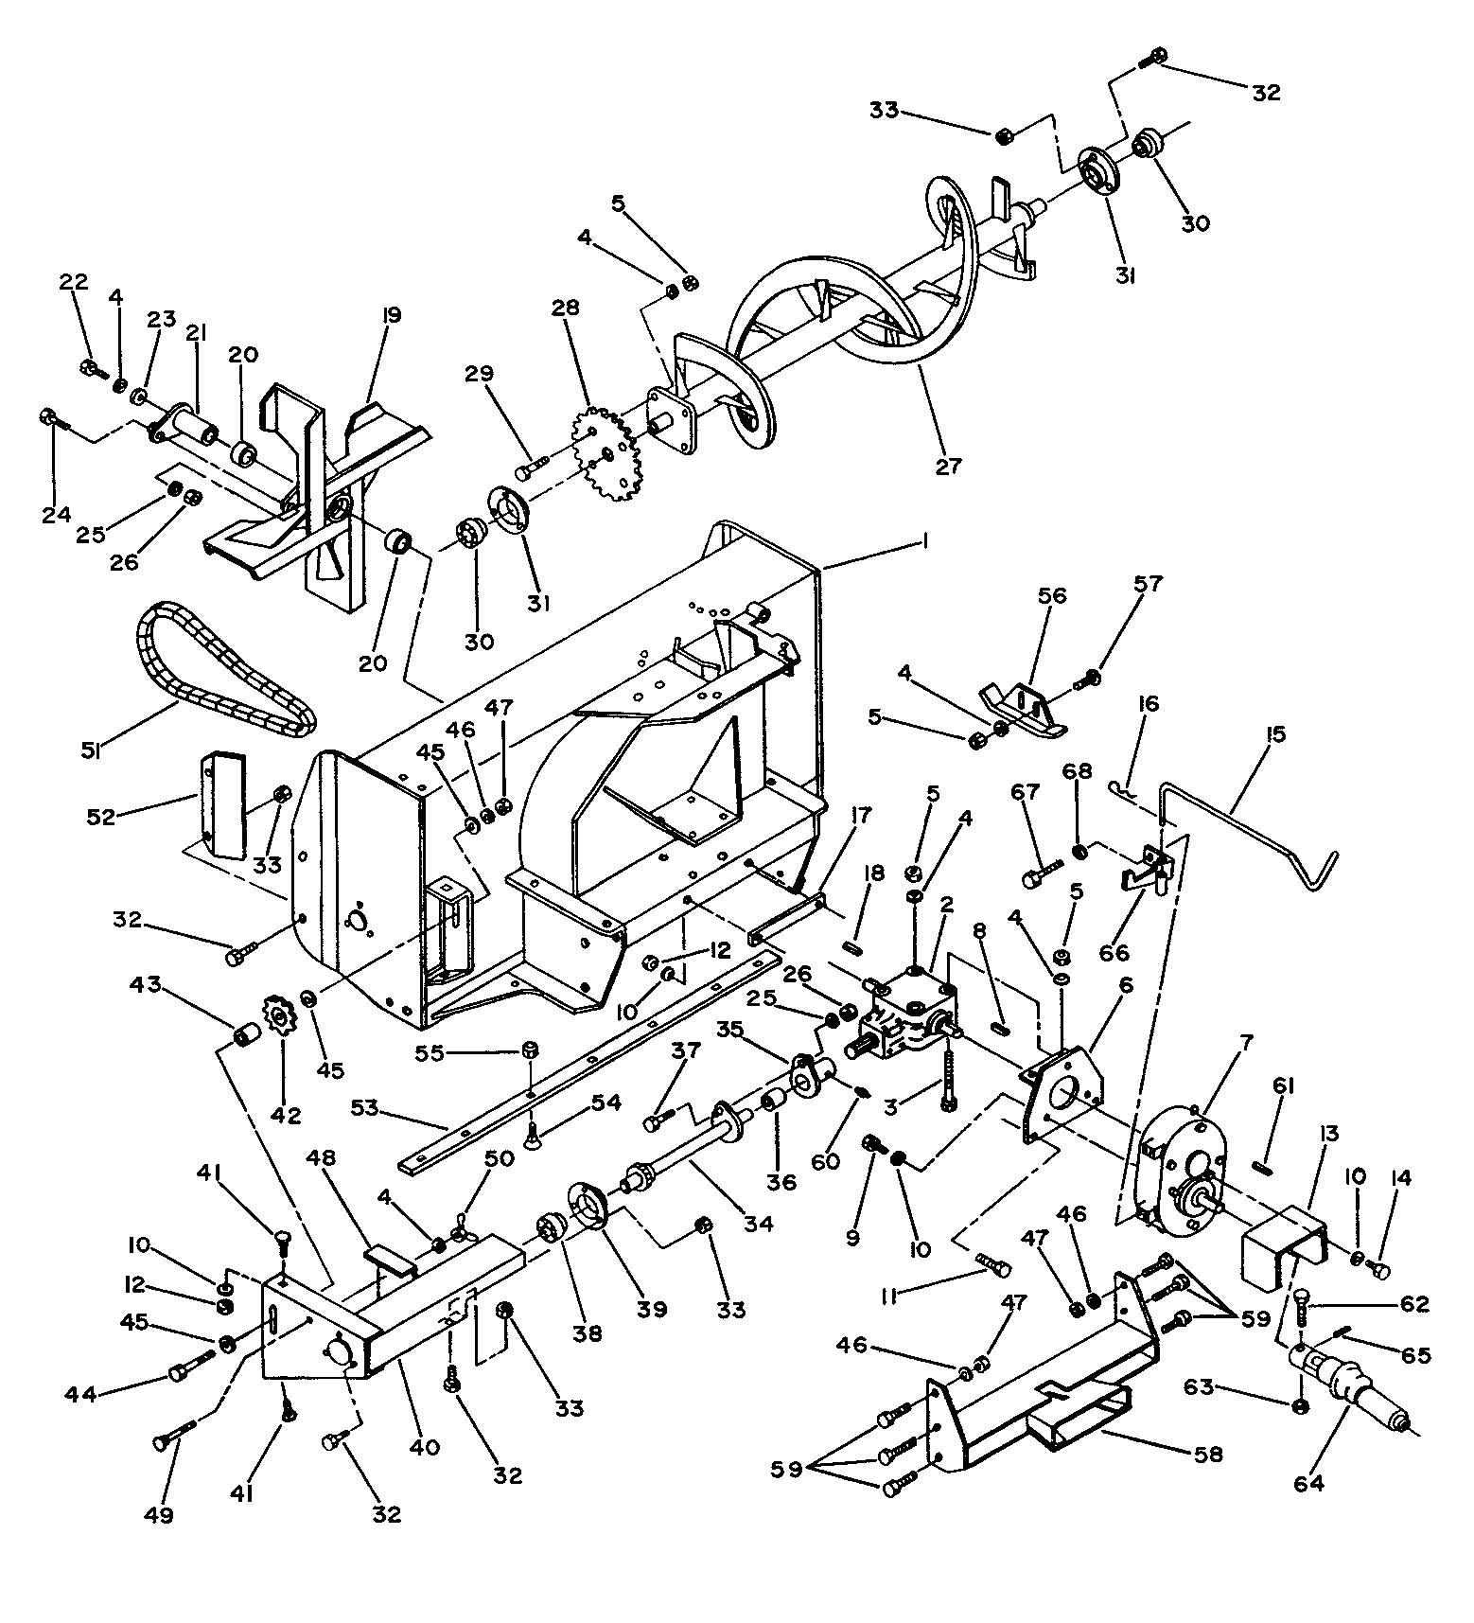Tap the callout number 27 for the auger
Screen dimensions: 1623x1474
pyautogui.click(x=948, y=466)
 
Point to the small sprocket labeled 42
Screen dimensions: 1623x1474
pyautogui.click(x=280, y=1018)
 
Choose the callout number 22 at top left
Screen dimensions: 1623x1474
pyautogui.click(x=74, y=282)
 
